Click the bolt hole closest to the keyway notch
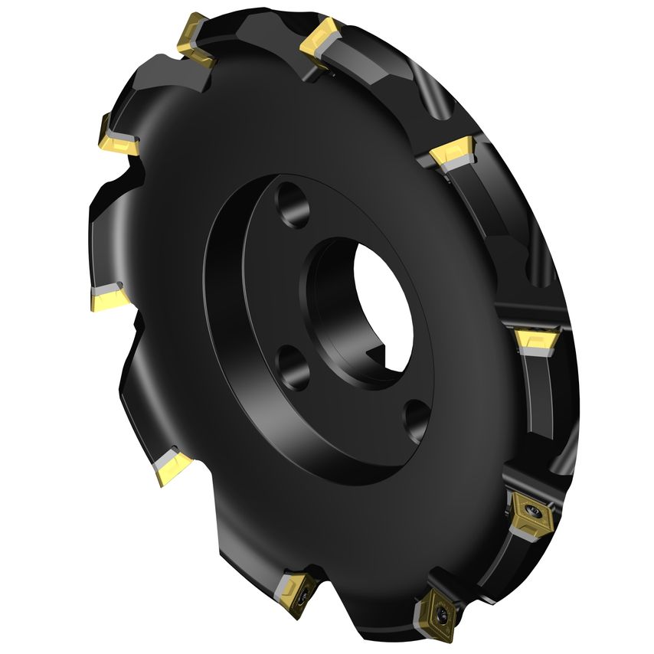[417, 418]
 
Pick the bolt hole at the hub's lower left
[293, 366]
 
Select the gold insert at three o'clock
[536, 338]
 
